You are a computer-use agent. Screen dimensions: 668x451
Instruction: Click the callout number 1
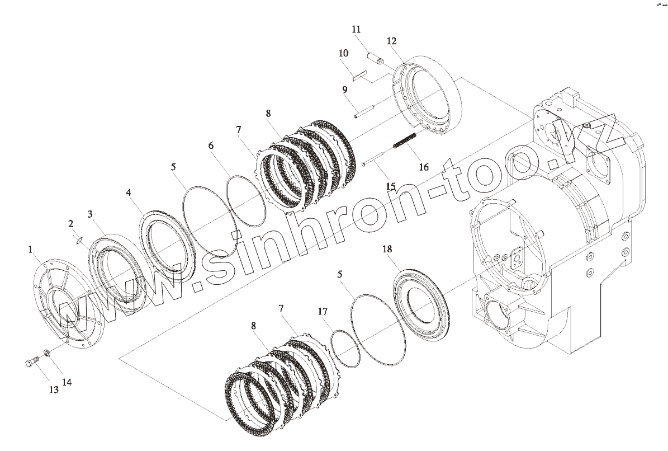[30, 250]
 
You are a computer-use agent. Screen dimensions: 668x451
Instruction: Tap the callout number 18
[387, 249]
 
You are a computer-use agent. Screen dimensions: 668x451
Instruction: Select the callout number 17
[323, 312]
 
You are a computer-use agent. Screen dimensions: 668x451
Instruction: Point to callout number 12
[391, 41]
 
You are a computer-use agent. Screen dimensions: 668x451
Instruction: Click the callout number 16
[424, 167]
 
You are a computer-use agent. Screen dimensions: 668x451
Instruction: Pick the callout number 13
[54, 389]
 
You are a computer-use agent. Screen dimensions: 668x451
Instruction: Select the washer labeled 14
[46, 353]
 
